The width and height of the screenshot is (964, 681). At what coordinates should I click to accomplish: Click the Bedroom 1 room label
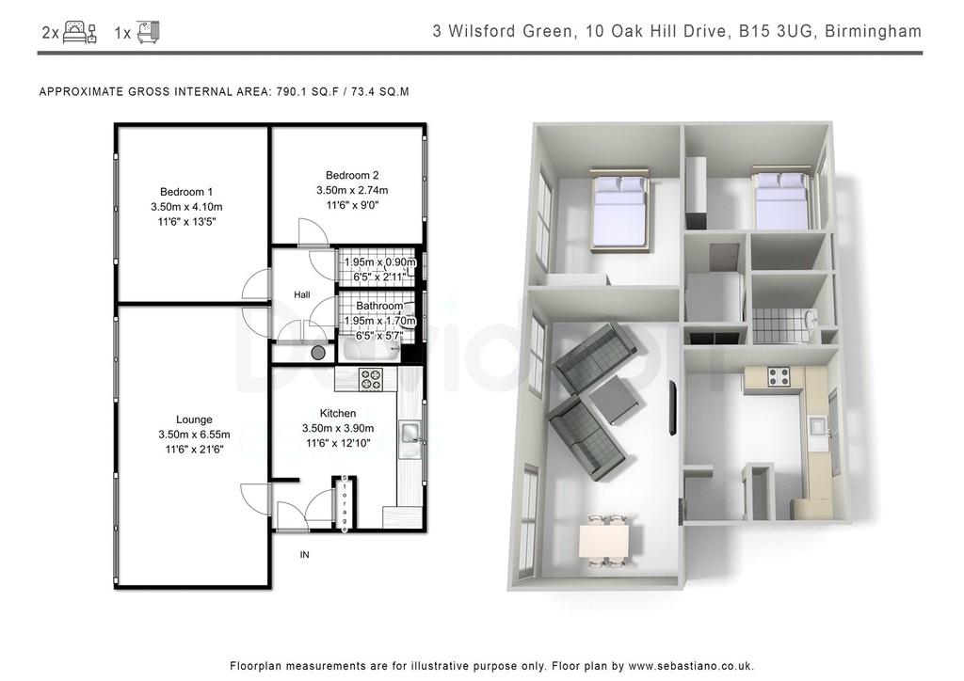[x=186, y=192]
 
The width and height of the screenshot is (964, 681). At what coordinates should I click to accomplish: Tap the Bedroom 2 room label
[x=352, y=175]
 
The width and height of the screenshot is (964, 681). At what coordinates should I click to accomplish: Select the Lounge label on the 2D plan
[x=194, y=420]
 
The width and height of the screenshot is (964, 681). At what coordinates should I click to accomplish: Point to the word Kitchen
[x=338, y=413]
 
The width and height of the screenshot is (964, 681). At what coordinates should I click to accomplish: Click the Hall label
[x=302, y=294]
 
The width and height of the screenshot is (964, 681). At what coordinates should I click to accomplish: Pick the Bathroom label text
[x=379, y=306]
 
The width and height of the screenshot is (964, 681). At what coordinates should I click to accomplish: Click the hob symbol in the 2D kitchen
[x=371, y=379]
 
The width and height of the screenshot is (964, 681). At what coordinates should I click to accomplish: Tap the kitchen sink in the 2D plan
[x=410, y=433]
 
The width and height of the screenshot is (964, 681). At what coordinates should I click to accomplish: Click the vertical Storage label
[x=345, y=503]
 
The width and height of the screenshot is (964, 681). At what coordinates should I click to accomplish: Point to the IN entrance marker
[x=304, y=555]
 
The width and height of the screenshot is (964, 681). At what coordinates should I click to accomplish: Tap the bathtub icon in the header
[x=148, y=31]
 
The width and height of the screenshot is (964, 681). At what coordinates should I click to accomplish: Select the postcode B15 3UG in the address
[x=778, y=31]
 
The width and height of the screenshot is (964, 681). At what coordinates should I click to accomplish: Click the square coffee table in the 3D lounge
[x=617, y=399]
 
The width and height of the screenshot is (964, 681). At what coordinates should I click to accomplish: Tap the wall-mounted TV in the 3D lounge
[x=672, y=408]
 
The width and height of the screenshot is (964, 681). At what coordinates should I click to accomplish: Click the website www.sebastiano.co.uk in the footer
[x=690, y=666]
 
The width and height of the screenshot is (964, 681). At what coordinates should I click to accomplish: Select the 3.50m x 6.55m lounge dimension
[x=194, y=435]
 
